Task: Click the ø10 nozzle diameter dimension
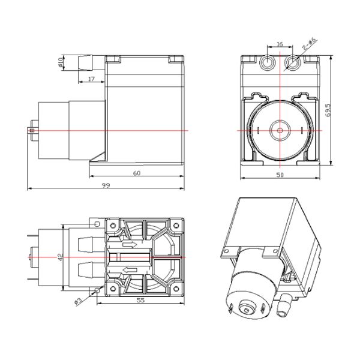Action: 61,63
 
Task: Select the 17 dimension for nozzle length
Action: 91,79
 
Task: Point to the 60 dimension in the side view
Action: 136,173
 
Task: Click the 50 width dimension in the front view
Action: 280,174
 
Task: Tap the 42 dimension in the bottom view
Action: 60,256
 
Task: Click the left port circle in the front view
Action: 268,62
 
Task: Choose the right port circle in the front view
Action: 292,62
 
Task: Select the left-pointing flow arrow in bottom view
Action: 128,269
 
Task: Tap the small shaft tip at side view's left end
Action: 31,130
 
